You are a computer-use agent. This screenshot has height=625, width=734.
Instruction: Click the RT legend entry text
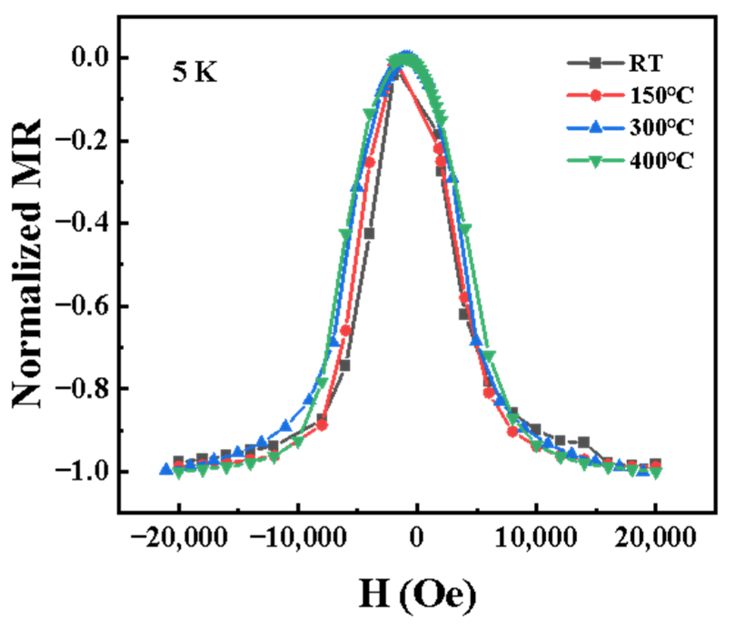(x=645, y=63)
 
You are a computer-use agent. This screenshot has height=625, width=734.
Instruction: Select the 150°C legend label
(x=661, y=95)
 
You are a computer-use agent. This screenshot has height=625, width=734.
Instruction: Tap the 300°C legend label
(x=661, y=128)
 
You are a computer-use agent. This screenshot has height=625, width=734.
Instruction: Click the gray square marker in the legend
(x=595, y=63)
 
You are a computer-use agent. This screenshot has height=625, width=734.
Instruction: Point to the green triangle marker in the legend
(x=595, y=160)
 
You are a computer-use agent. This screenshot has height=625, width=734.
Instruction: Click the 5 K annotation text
(x=195, y=72)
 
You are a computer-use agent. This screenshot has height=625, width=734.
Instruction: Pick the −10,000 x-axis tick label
(x=298, y=538)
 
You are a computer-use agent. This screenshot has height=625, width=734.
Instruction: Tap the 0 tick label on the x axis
(x=417, y=538)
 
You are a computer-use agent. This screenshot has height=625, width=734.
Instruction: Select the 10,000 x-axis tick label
(x=536, y=538)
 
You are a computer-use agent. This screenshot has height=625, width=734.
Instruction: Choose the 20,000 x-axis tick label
(x=655, y=538)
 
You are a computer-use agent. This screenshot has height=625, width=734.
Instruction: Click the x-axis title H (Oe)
(x=418, y=594)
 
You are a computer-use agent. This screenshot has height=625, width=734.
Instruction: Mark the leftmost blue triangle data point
(x=166, y=469)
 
